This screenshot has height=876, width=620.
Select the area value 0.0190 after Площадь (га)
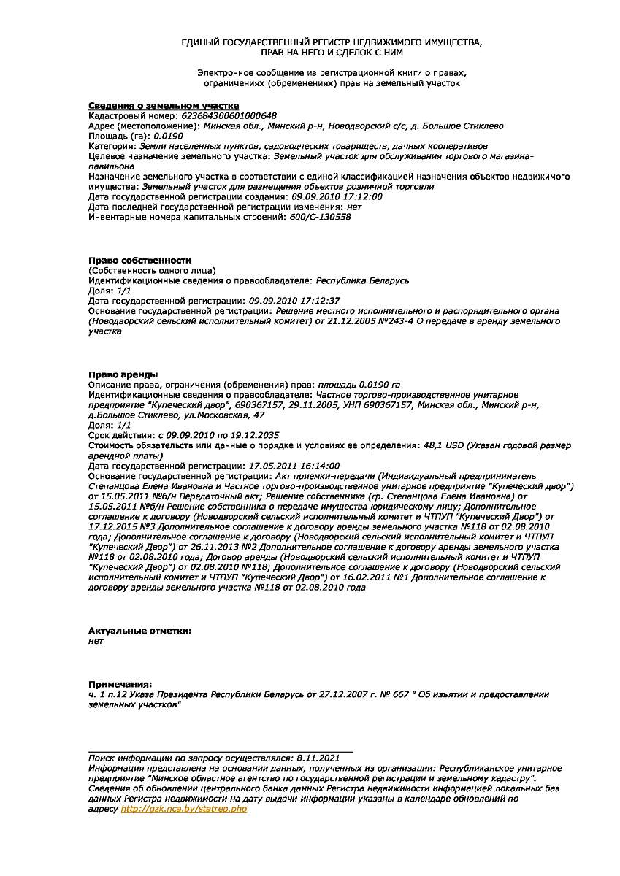pyautogui.click(x=168, y=136)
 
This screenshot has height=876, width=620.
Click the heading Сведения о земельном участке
pyautogui.click(x=164, y=106)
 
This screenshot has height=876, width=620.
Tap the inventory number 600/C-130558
pyautogui.click(x=321, y=217)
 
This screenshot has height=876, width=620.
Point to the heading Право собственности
pyautogui.click(x=139, y=260)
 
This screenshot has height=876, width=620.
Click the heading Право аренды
pyautogui.click(x=123, y=374)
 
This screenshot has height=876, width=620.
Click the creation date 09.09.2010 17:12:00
pyautogui.click(x=337, y=196)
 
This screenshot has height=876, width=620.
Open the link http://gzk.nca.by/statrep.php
pyautogui.click(x=183, y=809)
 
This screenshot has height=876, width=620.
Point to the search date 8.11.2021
pyautogui.click(x=318, y=758)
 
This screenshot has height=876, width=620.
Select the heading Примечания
pyautogui.click(x=120, y=684)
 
